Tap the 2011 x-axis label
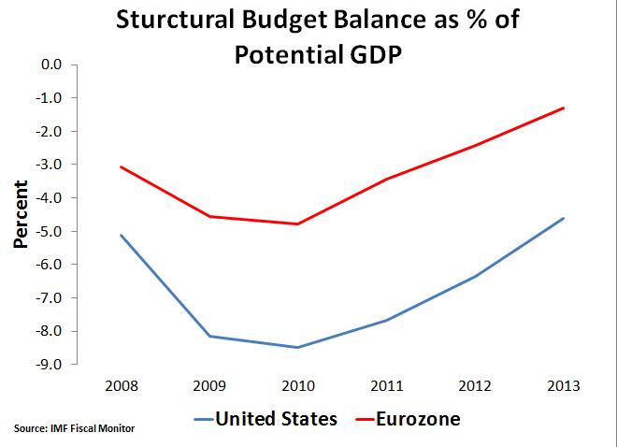click(386, 385)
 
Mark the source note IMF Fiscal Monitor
click(75, 429)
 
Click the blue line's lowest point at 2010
click(297, 347)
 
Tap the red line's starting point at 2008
click(121, 167)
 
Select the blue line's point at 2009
click(209, 336)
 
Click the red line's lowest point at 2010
click(297, 224)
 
